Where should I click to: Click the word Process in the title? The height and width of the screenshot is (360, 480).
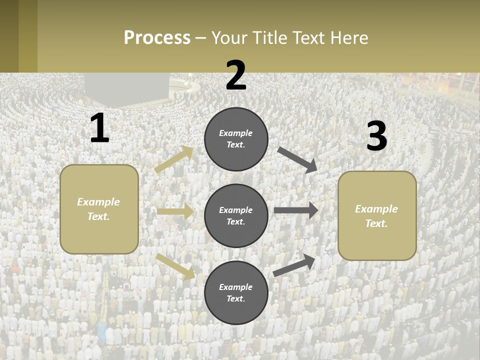[157, 37]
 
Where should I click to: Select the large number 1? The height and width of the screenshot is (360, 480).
[99, 128]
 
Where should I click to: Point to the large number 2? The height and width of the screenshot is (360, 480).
[236, 75]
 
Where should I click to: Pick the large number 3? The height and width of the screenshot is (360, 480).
[376, 136]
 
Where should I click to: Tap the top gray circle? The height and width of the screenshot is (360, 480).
[236, 139]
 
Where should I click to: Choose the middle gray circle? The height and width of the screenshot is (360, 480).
[236, 216]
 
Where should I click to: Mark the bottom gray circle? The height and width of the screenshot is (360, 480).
[236, 293]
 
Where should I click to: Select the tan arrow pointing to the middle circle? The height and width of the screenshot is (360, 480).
[175, 211]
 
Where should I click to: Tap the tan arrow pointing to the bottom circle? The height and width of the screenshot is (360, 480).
[175, 266]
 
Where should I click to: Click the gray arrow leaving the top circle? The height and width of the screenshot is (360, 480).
[297, 159]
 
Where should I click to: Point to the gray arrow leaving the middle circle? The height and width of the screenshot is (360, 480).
[296, 210]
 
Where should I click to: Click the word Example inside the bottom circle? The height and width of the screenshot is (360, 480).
[235, 287]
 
